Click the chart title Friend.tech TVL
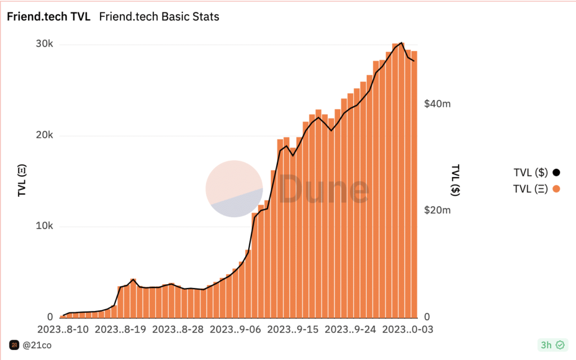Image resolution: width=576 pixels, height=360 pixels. tap(48, 16)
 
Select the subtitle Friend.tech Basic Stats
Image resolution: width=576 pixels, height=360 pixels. tap(159, 16)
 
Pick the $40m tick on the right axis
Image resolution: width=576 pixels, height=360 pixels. tap(437, 104)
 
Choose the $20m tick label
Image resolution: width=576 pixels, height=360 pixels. tap(437, 210)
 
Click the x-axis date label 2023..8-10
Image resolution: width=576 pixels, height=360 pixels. tap(63, 328)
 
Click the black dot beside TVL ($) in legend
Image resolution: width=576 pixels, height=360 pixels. tap(556, 173)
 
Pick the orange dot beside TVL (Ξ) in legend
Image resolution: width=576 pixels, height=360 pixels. tap(556, 189)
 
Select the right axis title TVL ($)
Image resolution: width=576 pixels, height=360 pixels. tap(456, 180)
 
